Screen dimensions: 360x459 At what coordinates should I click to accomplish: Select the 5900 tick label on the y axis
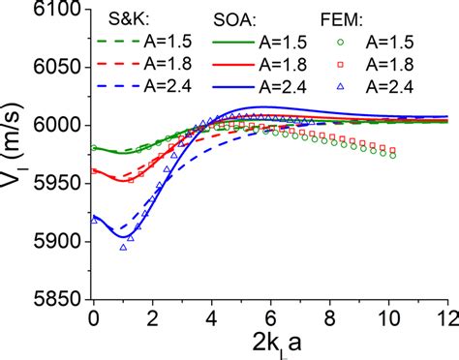(x=59, y=241)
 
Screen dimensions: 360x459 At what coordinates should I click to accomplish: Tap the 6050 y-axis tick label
(x=59, y=68)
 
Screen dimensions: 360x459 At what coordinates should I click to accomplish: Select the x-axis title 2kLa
(x=268, y=343)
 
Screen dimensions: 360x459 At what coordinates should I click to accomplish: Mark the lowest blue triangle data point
(x=123, y=247)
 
